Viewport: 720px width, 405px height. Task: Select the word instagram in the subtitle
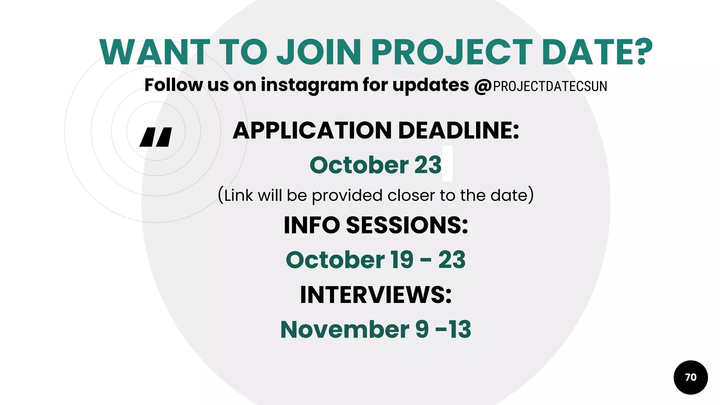coord(309,85)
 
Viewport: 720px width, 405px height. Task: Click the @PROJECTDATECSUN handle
coord(541,86)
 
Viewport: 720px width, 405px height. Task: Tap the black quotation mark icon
coord(156,137)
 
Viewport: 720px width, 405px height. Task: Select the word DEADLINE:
coord(459,130)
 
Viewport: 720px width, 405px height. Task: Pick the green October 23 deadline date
coord(375,165)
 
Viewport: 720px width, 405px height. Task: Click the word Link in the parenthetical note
coord(239,195)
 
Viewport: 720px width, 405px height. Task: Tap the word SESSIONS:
coord(407,225)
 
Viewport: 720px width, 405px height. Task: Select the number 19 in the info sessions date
coord(402,260)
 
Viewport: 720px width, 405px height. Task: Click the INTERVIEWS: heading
coord(375,295)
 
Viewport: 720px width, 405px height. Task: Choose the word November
coord(345,330)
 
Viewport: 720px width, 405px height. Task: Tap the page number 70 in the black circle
coord(690,377)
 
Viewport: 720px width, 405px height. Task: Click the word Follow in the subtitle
coord(174,85)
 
